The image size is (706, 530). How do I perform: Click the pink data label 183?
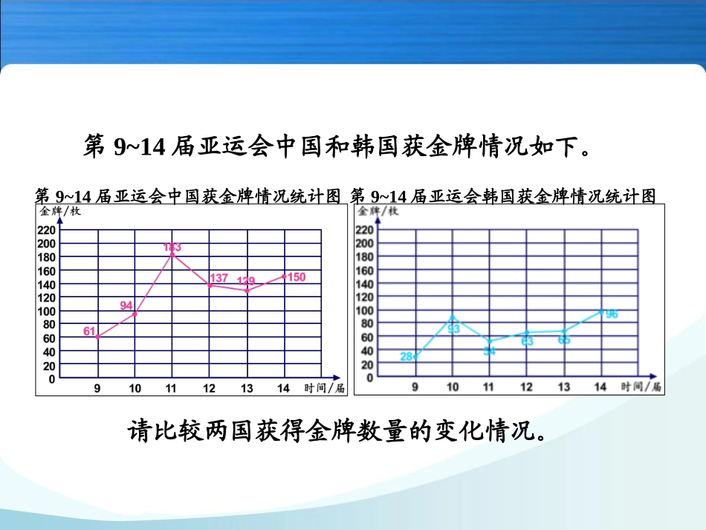(172, 247)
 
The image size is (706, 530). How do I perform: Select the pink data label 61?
(89, 332)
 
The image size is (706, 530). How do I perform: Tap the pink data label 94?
(126, 306)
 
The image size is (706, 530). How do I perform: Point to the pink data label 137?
(218, 278)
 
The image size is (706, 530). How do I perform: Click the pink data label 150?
(296, 277)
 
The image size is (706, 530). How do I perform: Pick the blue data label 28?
(407, 357)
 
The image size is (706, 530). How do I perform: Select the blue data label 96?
(612, 314)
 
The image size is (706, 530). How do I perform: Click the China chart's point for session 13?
(247, 291)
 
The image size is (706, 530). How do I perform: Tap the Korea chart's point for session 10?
(453, 316)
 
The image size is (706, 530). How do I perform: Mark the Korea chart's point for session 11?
(489, 340)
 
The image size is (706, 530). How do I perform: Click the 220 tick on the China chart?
(47, 230)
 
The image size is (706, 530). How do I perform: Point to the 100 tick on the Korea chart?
(364, 310)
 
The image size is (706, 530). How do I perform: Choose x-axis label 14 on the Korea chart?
(600, 387)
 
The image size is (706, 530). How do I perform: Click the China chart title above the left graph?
(188, 195)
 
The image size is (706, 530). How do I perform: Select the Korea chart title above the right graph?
(503, 195)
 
